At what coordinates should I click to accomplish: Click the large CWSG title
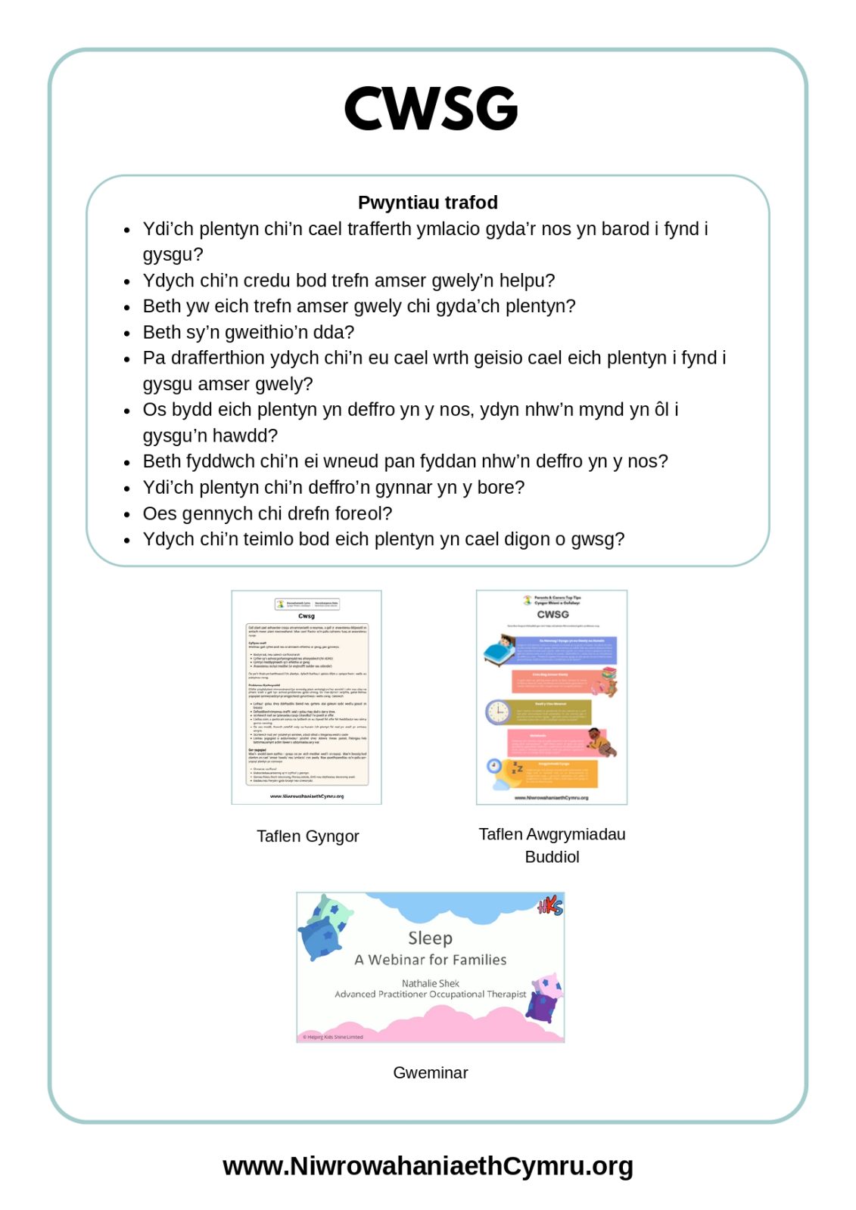[430, 108]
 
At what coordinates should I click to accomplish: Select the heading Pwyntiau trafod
[428, 203]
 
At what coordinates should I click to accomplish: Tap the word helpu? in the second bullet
[527, 281]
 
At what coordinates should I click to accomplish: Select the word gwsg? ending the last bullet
[598, 539]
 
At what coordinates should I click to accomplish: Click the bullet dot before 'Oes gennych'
[127, 514]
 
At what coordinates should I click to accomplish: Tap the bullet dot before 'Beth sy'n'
[127, 333]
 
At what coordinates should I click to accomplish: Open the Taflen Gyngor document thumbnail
[307, 697]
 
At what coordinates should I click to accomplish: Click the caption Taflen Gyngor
[307, 836]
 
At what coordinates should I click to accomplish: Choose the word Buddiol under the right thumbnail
[552, 857]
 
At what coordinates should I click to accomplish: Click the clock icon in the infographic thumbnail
[498, 712]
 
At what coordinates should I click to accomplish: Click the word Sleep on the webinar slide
[430, 939]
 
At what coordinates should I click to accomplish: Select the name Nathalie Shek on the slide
[430, 983]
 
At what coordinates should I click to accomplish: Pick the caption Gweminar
[430, 1072]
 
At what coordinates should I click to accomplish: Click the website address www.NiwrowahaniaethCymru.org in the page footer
[428, 1165]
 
